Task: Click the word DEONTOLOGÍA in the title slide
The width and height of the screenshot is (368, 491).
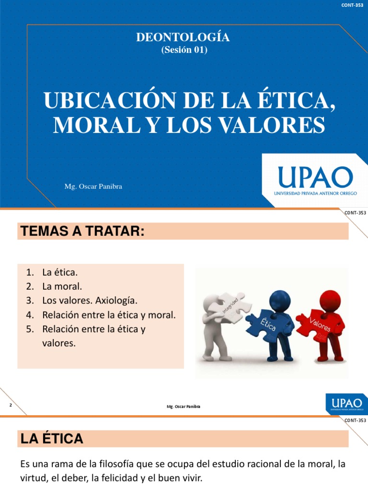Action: pyautogui.click(x=184, y=38)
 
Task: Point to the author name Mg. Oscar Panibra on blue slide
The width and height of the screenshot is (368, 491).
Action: pyautogui.click(x=93, y=187)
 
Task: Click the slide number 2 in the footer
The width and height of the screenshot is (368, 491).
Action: pyautogui.click(x=10, y=406)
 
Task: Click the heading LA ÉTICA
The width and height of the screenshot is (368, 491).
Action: pyautogui.click(x=52, y=438)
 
